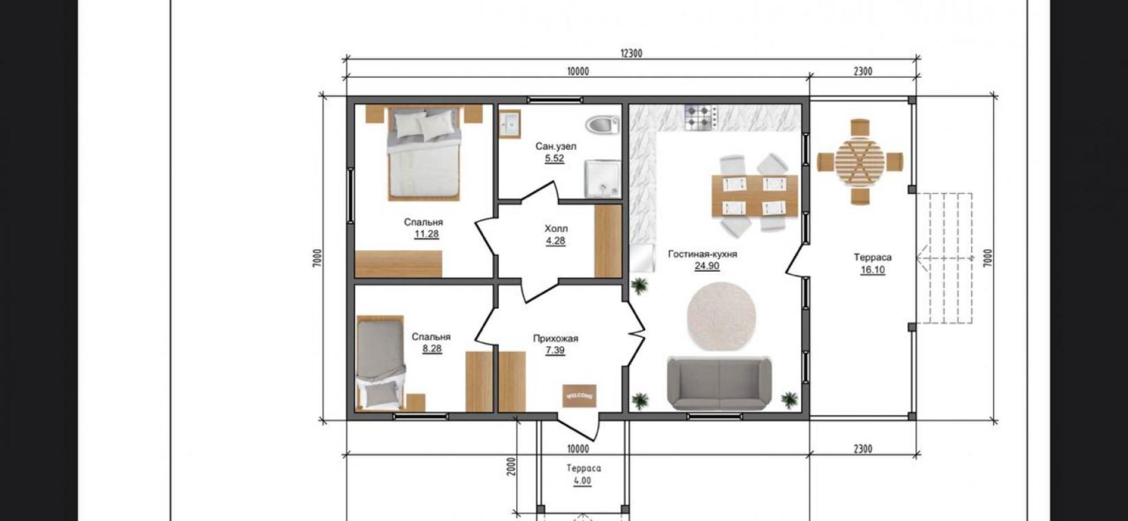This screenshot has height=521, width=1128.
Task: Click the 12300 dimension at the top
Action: click(631, 54)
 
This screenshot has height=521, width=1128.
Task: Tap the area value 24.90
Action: click(707, 266)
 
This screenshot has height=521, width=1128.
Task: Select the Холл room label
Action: click(556, 229)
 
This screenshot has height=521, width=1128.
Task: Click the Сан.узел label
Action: click(556, 147)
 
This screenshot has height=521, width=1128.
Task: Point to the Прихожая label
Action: click(556, 339)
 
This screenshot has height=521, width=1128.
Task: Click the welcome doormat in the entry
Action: click(579, 396)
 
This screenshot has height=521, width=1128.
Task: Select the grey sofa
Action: click(719, 383)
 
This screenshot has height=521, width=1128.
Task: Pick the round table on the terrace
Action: click(860, 162)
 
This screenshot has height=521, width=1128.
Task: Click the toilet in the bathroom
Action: click(602, 125)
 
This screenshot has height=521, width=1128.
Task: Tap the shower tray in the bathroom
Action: click(602, 179)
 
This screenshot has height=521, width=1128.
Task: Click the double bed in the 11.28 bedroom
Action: click(424, 154)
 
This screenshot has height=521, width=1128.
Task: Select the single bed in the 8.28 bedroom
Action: click(381, 362)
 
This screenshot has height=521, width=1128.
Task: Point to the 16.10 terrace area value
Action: click(873, 270)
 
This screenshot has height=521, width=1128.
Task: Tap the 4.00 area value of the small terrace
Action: click(583, 481)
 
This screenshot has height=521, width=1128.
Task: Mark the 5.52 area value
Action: click(554, 159)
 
